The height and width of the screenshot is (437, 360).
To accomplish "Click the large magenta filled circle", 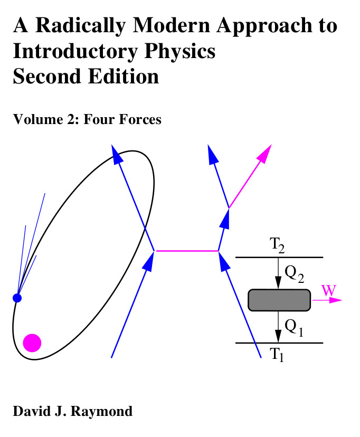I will coord(32,343).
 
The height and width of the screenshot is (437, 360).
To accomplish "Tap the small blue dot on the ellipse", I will coord(17,298).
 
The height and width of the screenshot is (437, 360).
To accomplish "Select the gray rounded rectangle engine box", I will coord(279,300).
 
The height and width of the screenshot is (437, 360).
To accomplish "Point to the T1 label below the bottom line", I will coord(278,355).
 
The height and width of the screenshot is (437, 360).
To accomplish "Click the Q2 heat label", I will coord(293,273).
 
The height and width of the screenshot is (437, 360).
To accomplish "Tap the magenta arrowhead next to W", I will coord(336,300).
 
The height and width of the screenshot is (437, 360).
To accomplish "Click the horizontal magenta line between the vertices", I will coord(187,251).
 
